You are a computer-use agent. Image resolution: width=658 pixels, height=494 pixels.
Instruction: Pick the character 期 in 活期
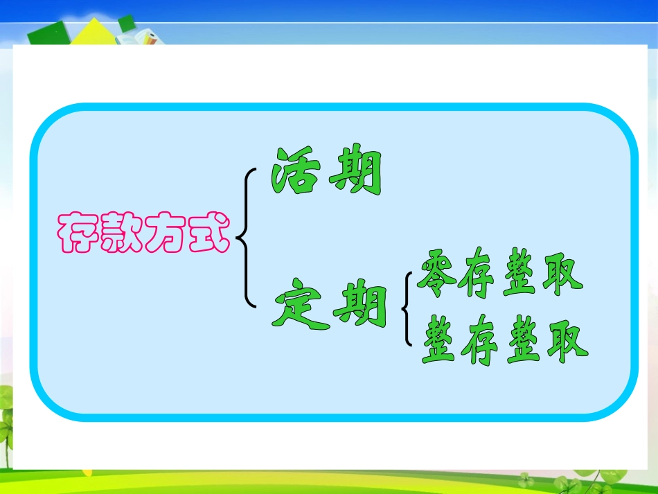pyautogui.click(x=355, y=171)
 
